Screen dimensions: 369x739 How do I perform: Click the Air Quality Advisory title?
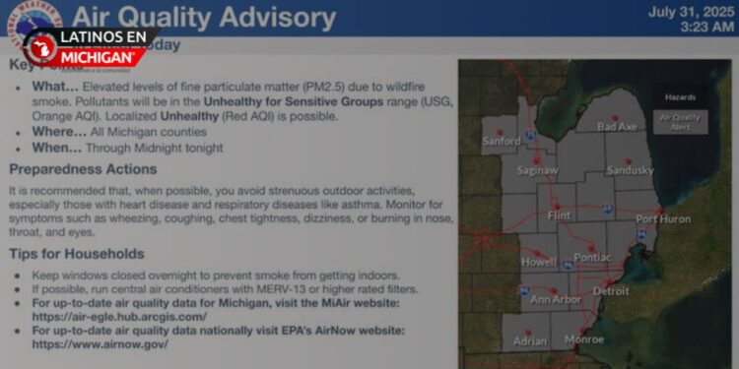coord(203,17)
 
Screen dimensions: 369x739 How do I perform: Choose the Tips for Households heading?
coord(76,254)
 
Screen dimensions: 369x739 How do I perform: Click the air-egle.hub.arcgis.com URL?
coord(119,317)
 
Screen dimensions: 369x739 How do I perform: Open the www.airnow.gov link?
coord(100,344)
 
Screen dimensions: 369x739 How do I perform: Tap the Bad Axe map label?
coord(617,127)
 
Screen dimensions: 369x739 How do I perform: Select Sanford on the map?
coord(502,142)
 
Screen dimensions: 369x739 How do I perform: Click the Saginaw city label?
coord(537,170)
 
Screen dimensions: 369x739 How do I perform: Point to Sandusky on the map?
coord(631,170)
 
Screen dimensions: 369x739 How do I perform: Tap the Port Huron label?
coord(663,219)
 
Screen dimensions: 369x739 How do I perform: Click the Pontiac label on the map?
coord(591,257)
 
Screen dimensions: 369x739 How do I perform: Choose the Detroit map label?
coord(611,291)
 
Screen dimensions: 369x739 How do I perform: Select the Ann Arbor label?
coord(555,299)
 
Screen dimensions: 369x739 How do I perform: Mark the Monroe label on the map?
coord(584,338)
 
